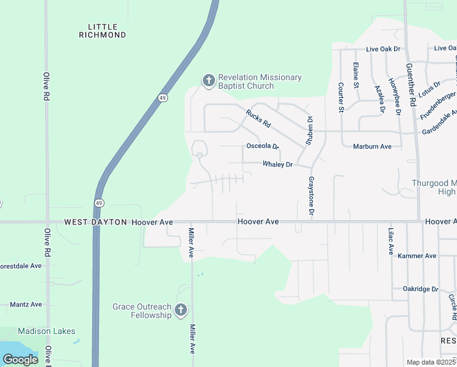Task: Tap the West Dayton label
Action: click(x=95, y=222)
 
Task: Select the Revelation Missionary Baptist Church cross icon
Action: click(x=208, y=81)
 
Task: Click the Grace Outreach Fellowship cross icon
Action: click(x=180, y=310)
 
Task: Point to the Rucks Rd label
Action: click(x=258, y=117)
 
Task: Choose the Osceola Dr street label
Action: click(x=262, y=147)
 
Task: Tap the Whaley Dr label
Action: click(x=278, y=165)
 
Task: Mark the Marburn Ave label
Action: click(x=372, y=147)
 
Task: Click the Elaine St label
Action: click(x=356, y=75)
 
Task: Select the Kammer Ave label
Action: click(x=417, y=256)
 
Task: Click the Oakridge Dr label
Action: click(x=420, y=289)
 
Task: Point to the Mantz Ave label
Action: click(x=26, y=304)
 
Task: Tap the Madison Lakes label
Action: click(x=46, y=332)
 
